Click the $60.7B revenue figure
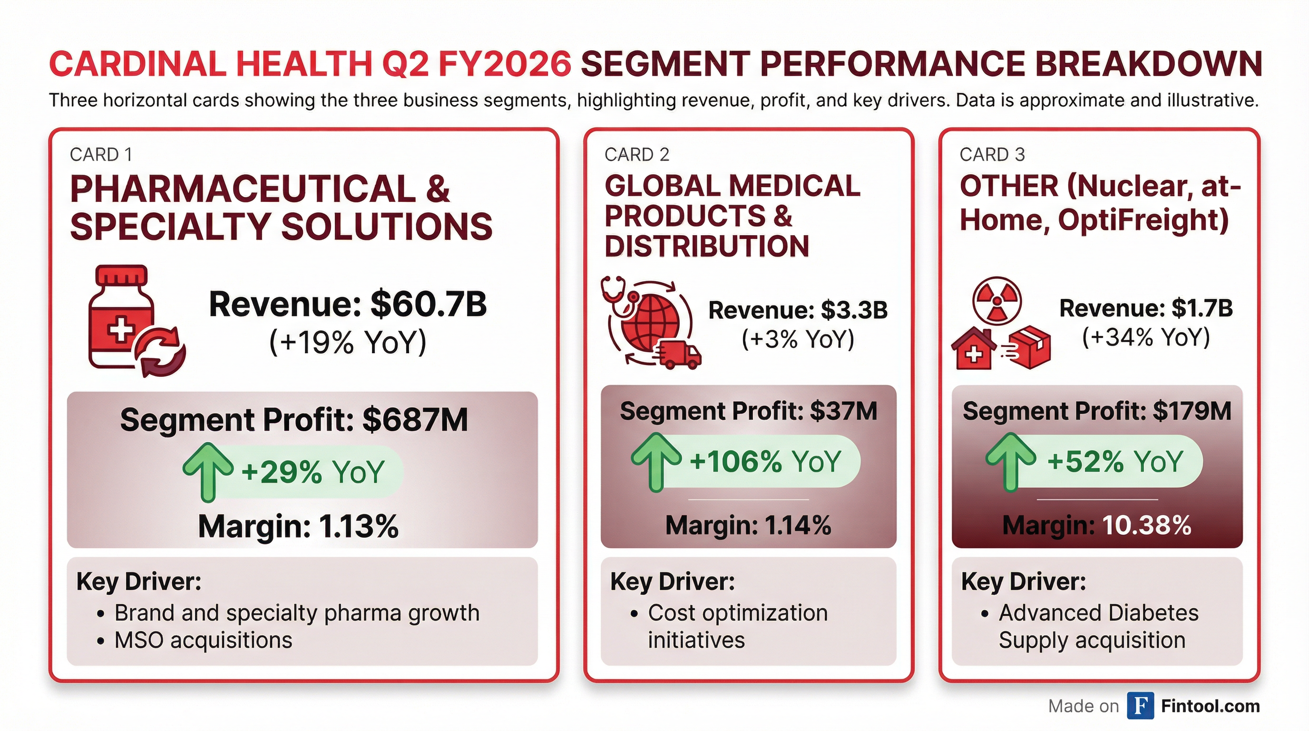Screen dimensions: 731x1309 click(x=429, y=304)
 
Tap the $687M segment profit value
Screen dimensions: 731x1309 click(x=415, y=420)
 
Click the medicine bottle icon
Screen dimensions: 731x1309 click(x=121, y=316)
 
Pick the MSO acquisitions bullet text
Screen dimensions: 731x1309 click(x=203, y=640)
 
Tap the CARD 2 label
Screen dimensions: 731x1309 click(x=637, y=155)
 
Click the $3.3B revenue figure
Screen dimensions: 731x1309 click(x=854, y=310)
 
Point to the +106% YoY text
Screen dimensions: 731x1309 click(x=765, y=462)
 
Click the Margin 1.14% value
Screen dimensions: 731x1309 click(x=798, y=525)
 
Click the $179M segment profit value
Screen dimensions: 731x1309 click(x=1192, y=411)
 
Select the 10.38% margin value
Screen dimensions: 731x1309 click(x=1146, y=525)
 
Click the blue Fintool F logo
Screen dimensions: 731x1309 click(x=1140, y=706)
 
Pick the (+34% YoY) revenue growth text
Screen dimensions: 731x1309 click(x=1146, y=336)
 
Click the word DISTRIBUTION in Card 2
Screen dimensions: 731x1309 click(x=706, y=247)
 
